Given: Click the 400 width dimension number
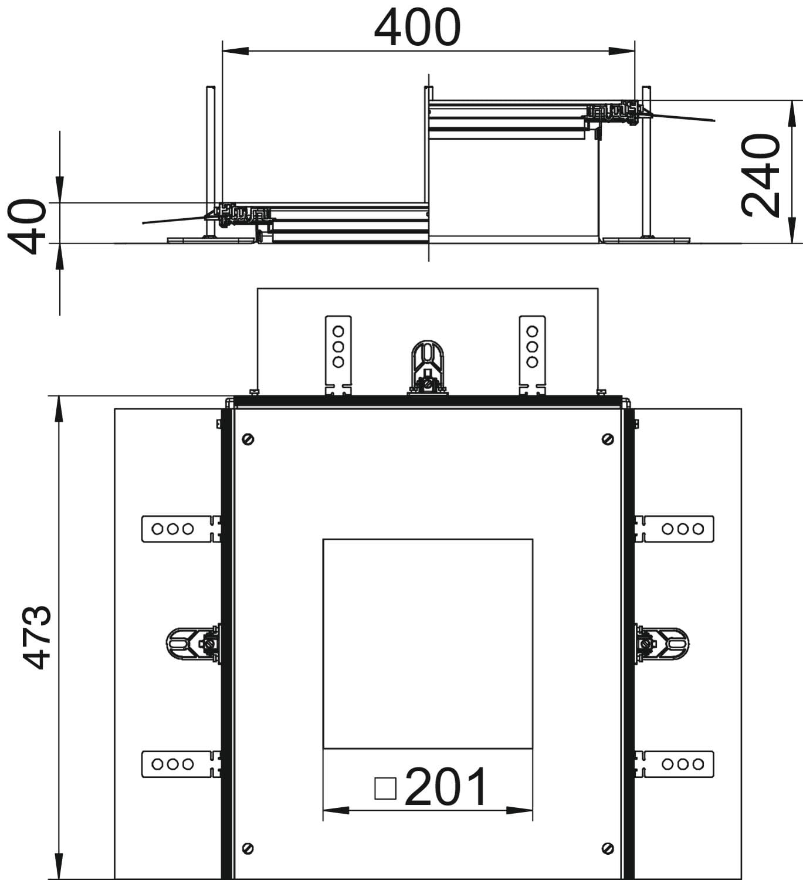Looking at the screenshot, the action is (417, 27).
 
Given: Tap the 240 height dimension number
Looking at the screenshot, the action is (760, 175).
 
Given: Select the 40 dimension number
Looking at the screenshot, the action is (27, 226).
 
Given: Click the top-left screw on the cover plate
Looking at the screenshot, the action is (248, 439).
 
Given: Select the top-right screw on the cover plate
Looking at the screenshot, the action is (608, 439).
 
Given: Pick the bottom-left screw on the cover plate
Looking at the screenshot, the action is (248, 848).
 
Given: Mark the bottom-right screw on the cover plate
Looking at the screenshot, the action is (608, 848).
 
